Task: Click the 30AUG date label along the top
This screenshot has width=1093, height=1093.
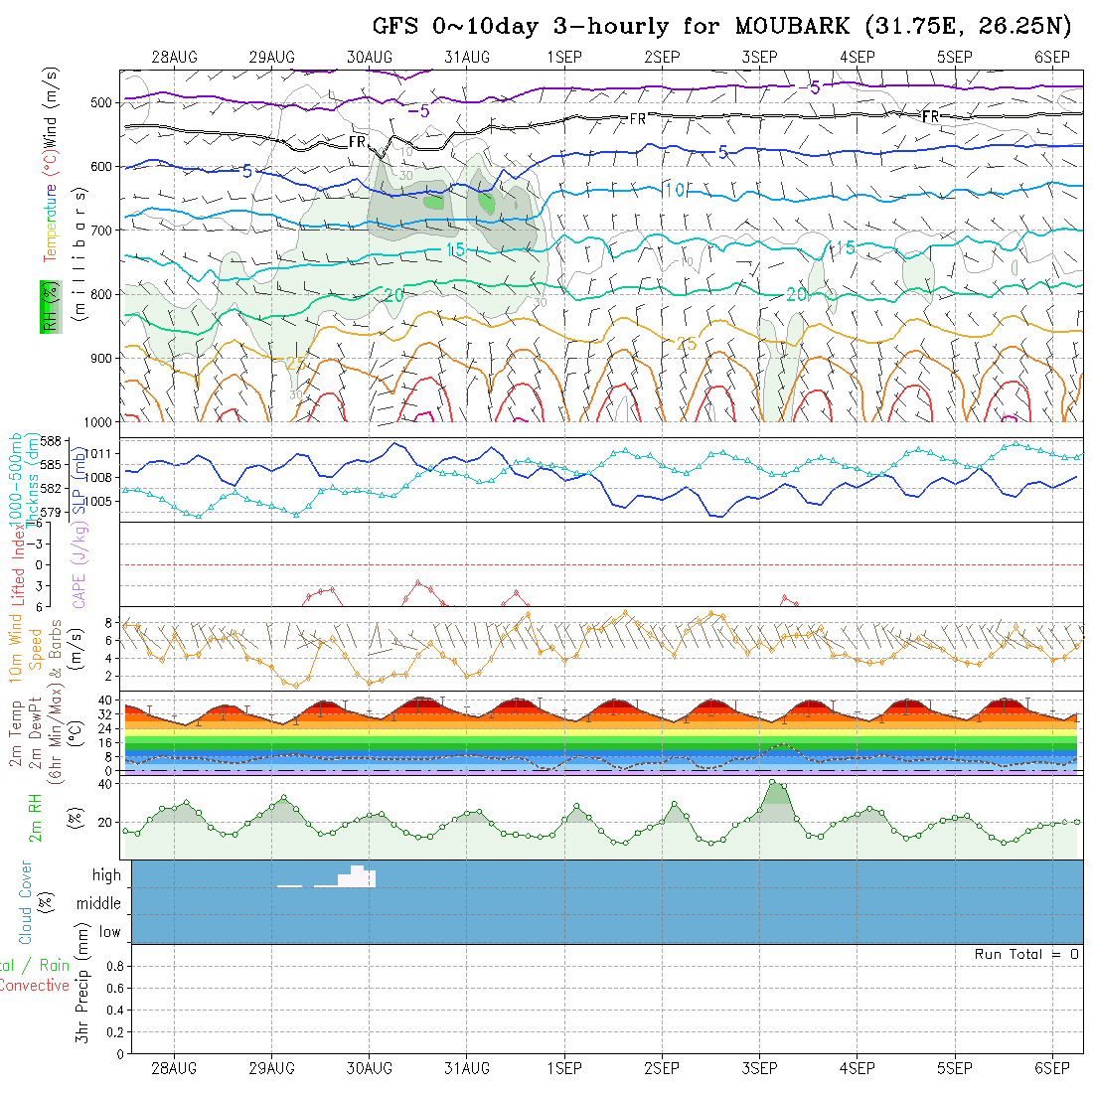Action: click(370, 57)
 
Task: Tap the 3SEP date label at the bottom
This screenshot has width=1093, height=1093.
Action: click(759, 1068)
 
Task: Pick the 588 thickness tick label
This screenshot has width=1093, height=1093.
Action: click(52, 441)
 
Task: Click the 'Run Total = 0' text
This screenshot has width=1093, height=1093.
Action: click(1026, 954)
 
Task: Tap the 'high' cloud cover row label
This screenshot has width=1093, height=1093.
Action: click(106, 875)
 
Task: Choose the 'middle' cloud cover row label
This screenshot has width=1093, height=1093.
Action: click(98, 904)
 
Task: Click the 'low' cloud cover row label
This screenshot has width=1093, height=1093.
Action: click(109, 932)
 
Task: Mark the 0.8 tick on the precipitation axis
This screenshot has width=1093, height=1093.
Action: click(113, 966)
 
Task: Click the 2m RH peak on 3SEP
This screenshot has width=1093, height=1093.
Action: click(774, 782)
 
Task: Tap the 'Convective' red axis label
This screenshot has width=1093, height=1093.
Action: click(35, 986)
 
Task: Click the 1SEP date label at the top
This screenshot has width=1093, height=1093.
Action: click(563, 57)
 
